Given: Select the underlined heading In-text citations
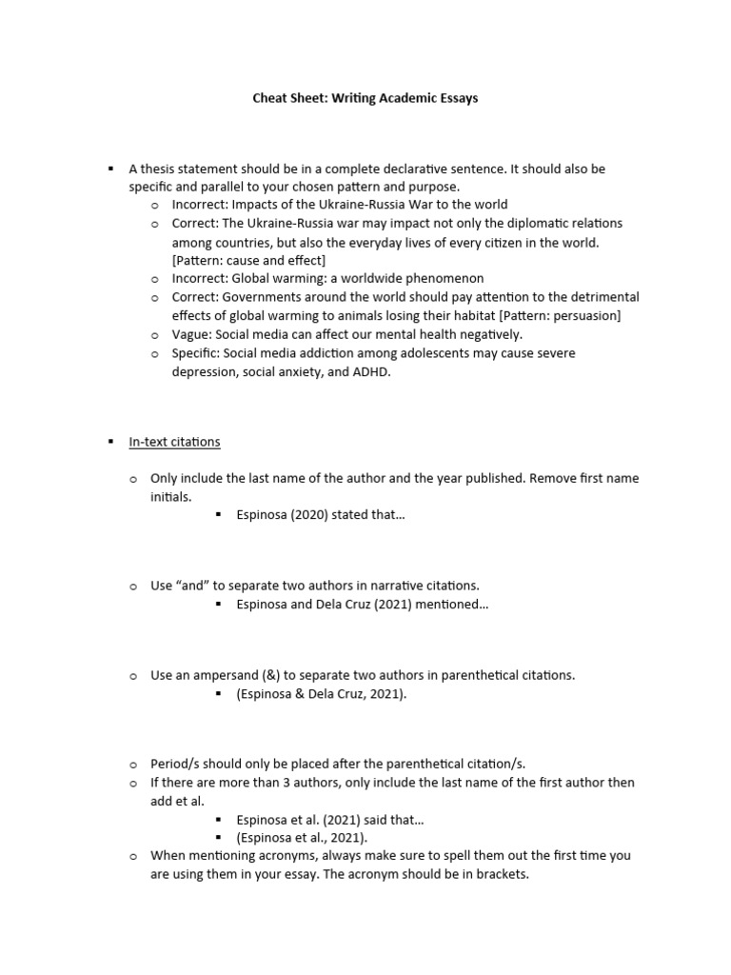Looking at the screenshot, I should [174, 442].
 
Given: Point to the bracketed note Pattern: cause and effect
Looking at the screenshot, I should [248, 260].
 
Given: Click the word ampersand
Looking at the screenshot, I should [229, 675].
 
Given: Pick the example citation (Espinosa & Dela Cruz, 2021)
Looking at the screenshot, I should [321, 694].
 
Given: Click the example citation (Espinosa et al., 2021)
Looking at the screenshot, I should [301, 837].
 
